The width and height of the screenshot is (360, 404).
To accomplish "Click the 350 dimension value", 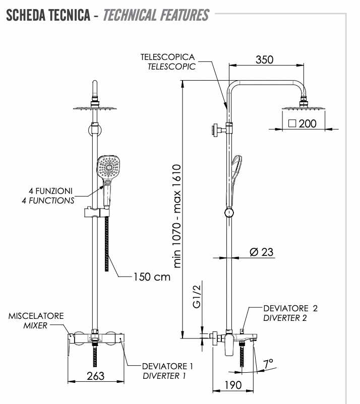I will point(264,59).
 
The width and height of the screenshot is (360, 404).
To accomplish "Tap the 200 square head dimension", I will point(307,123).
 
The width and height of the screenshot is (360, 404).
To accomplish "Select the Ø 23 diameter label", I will point(262,252).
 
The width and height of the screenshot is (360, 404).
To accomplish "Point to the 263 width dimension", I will point(95,375).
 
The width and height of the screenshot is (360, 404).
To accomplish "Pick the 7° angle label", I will point(268,363).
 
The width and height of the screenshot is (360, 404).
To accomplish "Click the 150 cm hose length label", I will point(152,277).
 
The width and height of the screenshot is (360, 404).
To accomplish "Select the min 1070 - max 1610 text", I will point(177,216).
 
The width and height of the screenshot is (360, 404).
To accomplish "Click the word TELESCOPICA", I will point(167,57).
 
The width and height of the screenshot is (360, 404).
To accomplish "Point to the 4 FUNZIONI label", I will point(51,191).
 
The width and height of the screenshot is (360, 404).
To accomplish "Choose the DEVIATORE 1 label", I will point(167,366).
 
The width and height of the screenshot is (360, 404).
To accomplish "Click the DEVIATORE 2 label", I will point(290,308).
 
